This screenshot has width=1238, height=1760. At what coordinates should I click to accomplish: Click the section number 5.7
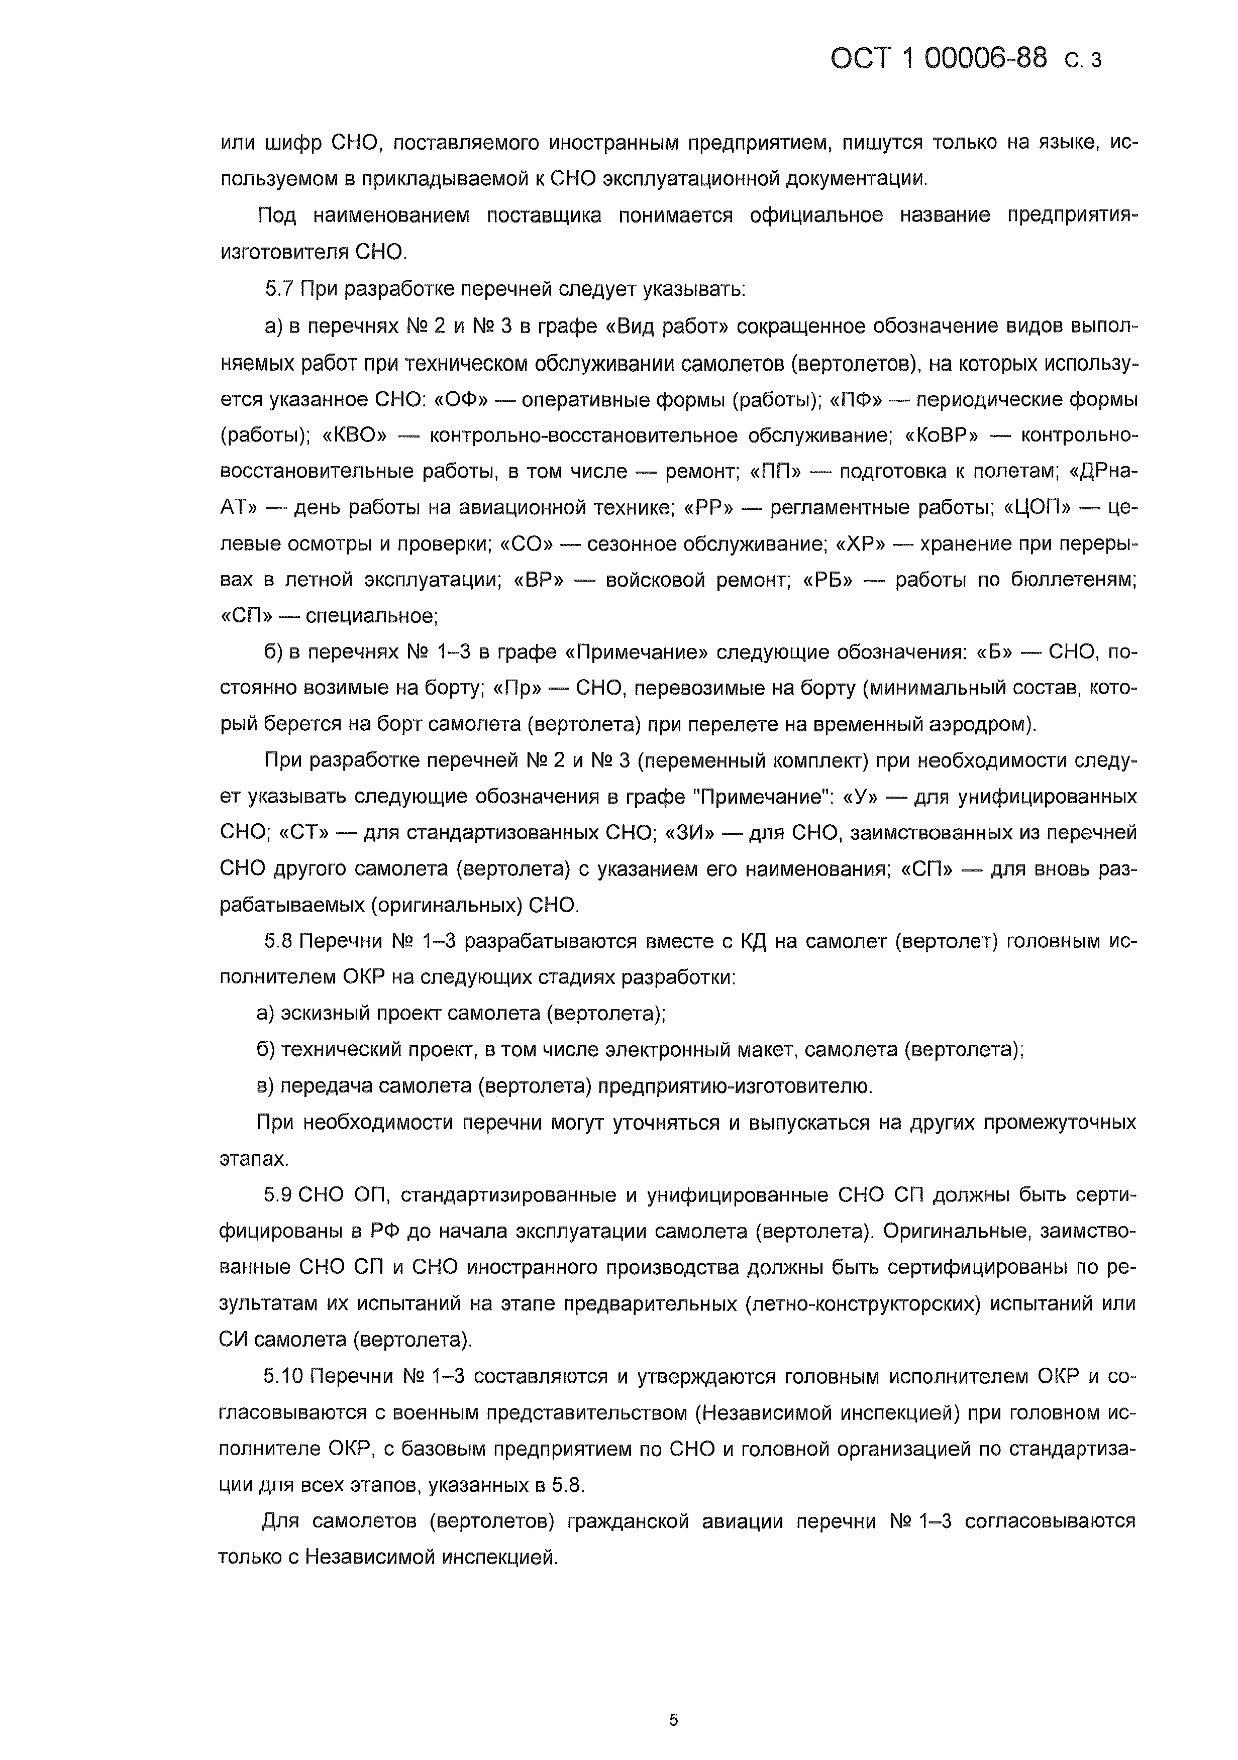coord(279,289)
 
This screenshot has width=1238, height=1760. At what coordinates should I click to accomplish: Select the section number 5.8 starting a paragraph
coord(279,941)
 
